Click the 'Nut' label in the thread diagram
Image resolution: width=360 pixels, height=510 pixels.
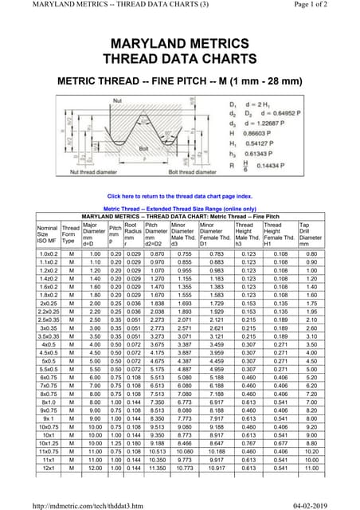click(x=118, y=101)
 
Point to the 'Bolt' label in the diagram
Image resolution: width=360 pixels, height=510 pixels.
click(x=166, y=147)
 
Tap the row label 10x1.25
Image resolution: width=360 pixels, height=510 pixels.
click(x=47, y=443)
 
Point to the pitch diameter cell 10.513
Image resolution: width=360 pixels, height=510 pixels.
click(x=156, y=451)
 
